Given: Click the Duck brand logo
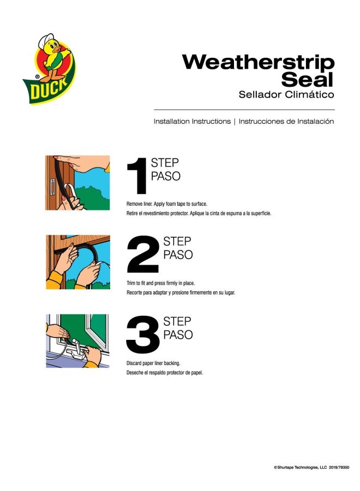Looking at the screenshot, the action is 49,69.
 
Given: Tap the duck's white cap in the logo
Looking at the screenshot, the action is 46,40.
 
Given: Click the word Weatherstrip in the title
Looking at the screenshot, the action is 258,63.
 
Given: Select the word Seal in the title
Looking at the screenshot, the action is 307,80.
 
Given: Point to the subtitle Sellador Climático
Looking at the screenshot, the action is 286,94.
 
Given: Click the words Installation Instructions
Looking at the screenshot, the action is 192,122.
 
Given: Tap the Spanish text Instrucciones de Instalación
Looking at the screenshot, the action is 286,122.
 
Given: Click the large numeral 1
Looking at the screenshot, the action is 138,176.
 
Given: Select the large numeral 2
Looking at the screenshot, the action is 143,254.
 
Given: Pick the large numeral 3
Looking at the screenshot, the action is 143,334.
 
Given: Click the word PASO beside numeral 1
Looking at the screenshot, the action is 166,176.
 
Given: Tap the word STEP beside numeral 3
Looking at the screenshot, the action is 177,321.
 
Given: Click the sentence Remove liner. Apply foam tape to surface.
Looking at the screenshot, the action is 167,204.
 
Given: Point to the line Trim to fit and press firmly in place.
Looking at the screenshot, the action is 160,283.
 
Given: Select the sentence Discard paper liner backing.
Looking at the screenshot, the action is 153,363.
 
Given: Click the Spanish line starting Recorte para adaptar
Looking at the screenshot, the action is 181,293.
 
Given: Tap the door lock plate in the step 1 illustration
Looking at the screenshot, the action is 52,187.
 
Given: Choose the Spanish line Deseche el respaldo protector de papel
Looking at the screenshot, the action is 165,373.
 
